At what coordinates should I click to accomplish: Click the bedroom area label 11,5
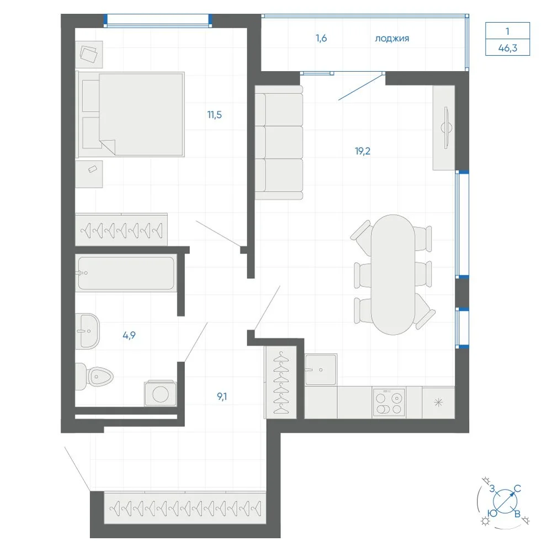tap(214, 115)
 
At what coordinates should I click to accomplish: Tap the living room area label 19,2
tap(363, 151)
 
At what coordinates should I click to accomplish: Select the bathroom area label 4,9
tap(129, 335)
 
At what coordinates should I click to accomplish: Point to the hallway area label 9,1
tap(222, 397)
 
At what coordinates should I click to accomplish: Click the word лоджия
tap(392, 39)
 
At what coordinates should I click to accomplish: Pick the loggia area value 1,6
tap(321, 38)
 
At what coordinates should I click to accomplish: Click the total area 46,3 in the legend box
tap(508, 47)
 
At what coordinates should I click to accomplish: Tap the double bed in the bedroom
tap(131, 114)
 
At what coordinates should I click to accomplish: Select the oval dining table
tap(393, 274)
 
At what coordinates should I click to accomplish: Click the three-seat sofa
tap(279, 142)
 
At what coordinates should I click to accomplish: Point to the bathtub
tap(126, 273)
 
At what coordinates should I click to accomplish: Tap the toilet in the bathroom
tap(94, 377)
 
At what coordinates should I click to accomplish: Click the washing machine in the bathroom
tap(161, 393)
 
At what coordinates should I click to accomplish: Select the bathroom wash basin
tap(88, 331)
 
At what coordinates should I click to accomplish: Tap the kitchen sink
tap(321, 369)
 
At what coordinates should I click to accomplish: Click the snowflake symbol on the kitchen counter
tap(438, 402)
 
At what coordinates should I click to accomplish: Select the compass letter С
tap(517, 489)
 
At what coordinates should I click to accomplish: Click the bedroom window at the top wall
tap(158, 20)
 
